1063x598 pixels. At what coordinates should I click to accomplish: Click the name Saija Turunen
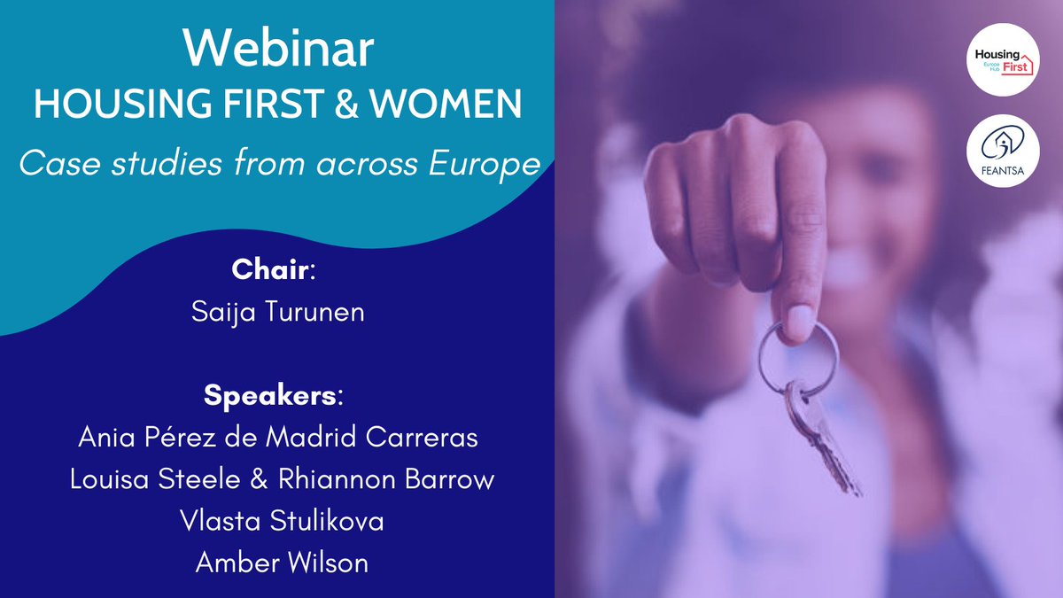click(278, 312)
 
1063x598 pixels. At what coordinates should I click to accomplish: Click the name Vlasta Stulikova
click(278, 522)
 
